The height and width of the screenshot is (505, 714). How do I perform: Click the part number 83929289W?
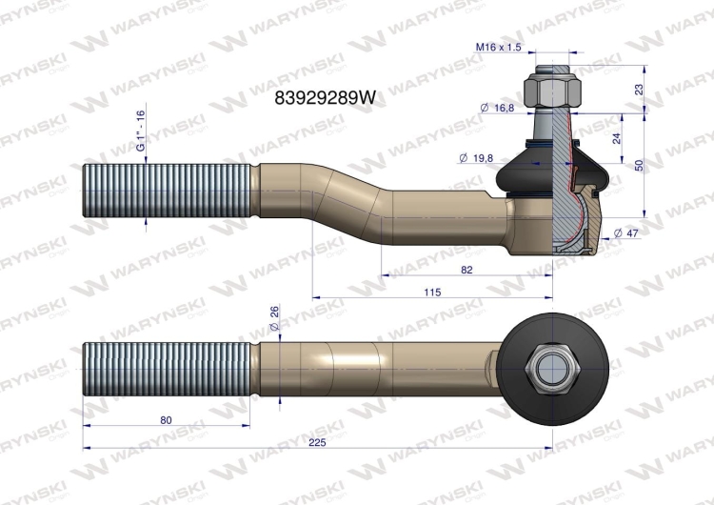[326, 97]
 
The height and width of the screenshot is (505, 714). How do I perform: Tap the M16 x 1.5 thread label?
[498, 47]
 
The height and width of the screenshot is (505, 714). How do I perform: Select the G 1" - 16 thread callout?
[140, 131]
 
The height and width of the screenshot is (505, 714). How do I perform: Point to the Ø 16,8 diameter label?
[497, 108]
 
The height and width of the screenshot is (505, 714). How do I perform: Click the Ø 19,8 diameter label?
[476, 158]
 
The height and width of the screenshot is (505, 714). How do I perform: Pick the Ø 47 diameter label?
[626, 232]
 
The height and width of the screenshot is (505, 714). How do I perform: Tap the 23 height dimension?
[640, 90]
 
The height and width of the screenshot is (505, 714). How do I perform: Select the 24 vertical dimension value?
[617, 138]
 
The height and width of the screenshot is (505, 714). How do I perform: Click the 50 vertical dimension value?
[640, 165]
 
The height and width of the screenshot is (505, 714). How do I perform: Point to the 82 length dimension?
[466, 270]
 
